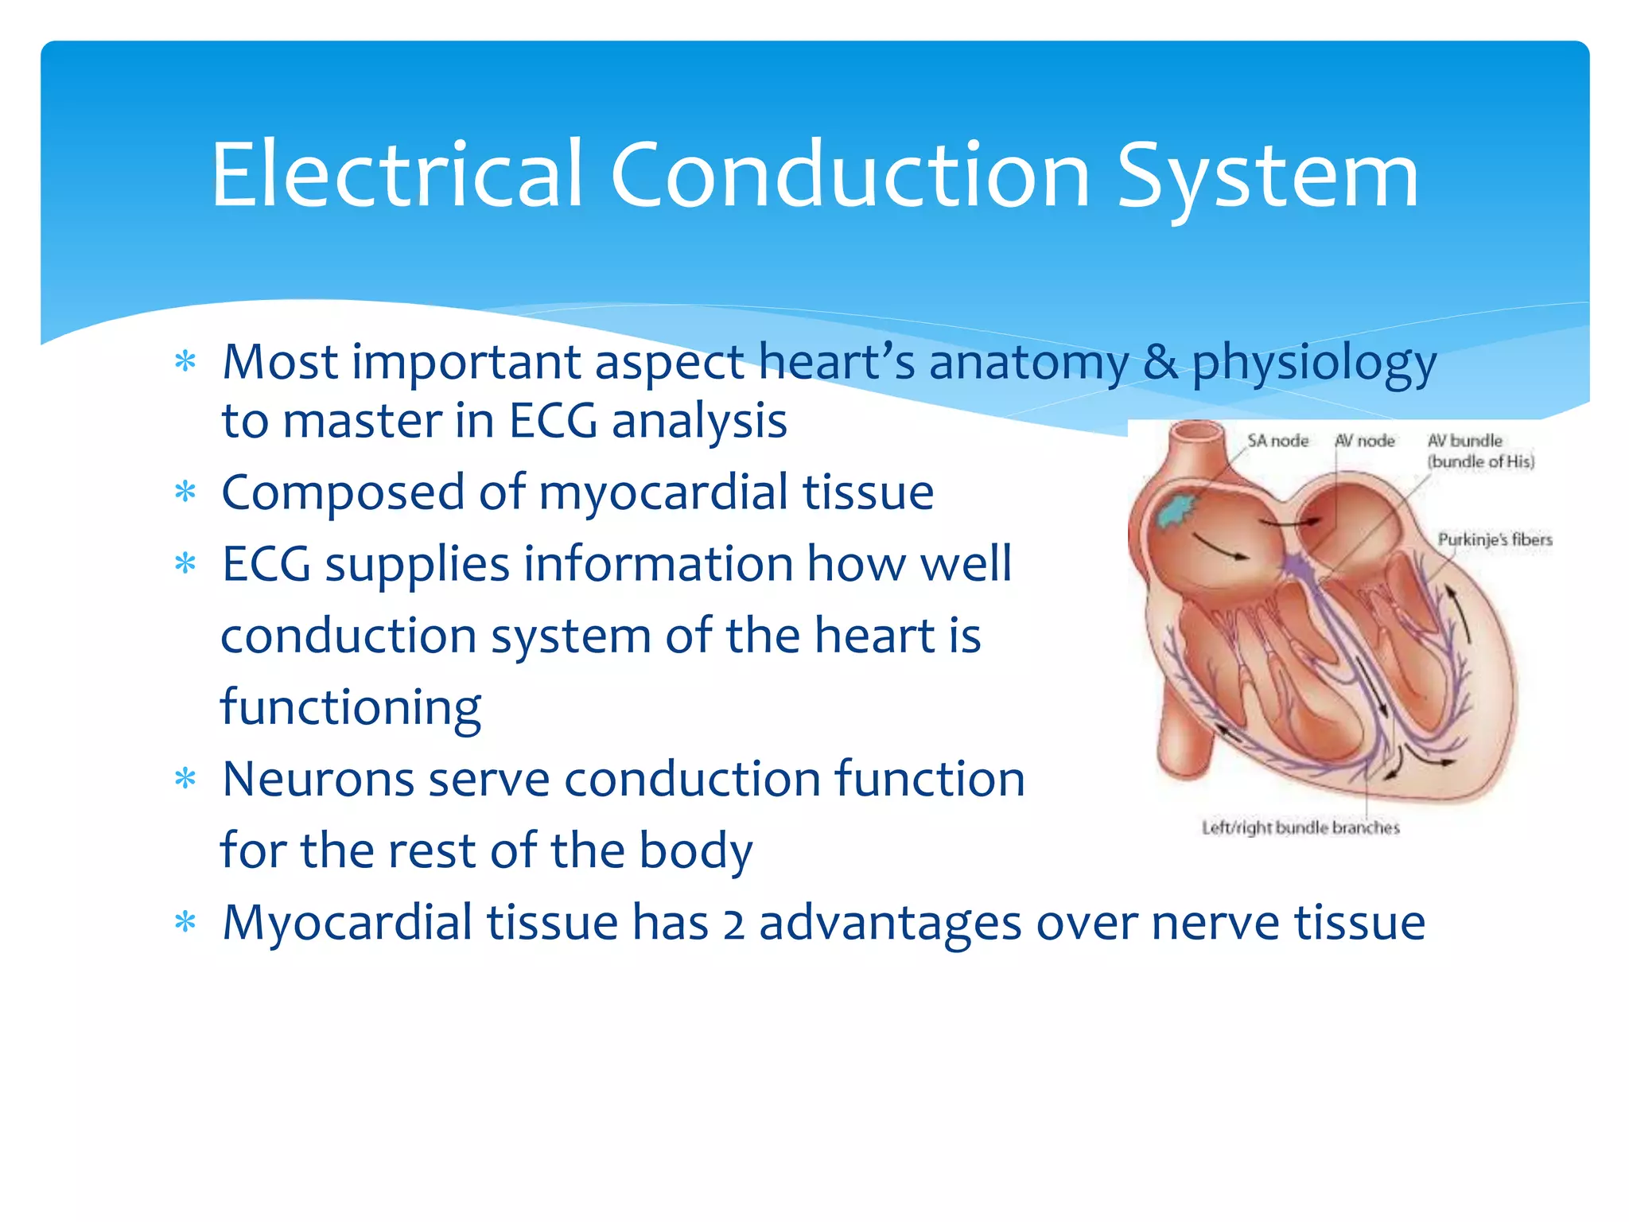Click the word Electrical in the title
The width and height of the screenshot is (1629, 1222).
[x=398, y=175]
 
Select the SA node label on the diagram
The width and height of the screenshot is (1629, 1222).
[x=1277, y=441]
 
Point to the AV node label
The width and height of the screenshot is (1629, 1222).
[x=1365, y=441]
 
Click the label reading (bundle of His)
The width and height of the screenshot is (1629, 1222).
[x=1480, y=461]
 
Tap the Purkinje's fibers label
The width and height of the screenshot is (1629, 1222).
[x=1495, y=539]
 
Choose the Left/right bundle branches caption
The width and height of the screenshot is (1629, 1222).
[x=1300, y=827]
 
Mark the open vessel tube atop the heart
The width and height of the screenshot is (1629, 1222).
[x=1198, y=434]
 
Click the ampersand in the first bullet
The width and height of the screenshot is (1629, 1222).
[x=1161, y=362]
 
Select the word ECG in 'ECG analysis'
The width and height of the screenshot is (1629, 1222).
[x=553, y=421]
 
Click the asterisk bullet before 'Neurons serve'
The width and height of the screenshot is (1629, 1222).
[x=185, y=779]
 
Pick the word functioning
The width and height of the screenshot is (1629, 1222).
[x=351, y=708]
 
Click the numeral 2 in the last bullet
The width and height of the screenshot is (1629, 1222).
[x=733, y=924]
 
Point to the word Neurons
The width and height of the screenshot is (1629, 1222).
[x=318, y=779]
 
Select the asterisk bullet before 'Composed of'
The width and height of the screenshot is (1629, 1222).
[x=185, y=492]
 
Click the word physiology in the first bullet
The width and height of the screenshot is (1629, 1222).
[x=1314, y=364]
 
